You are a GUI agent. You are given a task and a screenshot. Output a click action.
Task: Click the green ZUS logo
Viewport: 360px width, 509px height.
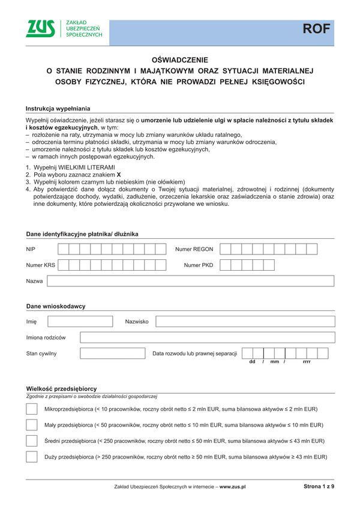(41, 28)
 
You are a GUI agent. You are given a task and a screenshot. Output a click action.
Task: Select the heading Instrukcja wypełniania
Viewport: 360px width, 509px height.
(58, 109)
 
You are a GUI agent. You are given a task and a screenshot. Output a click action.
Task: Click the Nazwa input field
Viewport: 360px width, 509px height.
(190, 281)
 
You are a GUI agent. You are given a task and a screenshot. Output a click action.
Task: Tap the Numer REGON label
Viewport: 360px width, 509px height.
(194, 249)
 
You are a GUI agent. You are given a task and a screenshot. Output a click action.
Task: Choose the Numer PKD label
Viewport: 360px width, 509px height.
(199, 265)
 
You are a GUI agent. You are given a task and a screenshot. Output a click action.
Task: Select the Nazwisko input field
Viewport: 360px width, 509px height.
(245, 322)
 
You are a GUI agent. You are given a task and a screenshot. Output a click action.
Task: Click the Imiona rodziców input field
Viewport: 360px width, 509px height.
(206, 338)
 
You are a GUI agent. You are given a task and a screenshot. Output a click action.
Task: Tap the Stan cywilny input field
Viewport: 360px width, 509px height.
(113, 354)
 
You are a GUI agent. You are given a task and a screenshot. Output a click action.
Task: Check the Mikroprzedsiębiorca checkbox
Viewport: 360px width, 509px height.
(32, 409)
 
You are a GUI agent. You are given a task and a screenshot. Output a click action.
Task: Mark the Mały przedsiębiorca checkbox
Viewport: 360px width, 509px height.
(32, 425)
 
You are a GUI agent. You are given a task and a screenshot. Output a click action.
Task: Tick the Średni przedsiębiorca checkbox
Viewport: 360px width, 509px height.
(32, 441)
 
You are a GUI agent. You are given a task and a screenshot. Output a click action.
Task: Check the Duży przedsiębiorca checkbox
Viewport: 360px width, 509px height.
(32, 457)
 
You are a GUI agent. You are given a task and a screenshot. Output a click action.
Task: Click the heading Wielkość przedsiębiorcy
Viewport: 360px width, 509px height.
(61, 388)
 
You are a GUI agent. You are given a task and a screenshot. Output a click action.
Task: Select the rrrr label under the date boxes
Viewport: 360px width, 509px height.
(307, 362)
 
